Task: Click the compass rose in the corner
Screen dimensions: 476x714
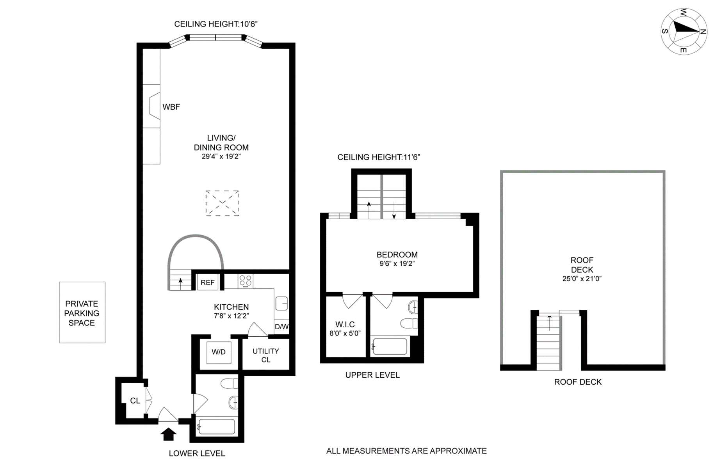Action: pyautogui.click(x=684, y=31)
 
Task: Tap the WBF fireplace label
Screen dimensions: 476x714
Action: pyautogui.click(x=171, y=107)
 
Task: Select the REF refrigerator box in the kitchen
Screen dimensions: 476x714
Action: pyautogui.click(x=207, y=282)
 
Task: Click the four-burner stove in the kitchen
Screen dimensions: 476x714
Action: pyautogui.click(x=246, y=281)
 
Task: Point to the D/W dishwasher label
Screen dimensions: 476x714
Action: pyautogui.click(x=281, y=327)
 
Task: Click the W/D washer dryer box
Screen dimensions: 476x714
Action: pyautogui.click(x=219, y=352)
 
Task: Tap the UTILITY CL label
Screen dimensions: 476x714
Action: pyautogui.click(x=265, y=355)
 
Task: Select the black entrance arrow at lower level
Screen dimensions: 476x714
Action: pyautogui.click(x=168, y=434)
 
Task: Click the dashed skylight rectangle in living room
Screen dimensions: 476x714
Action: pyautogui.click(x=222, y=203)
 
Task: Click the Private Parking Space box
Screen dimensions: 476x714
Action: pyautogui.click(x=82, y=313)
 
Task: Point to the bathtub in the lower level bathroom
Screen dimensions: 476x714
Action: pyautogui.click(x=217, y=427)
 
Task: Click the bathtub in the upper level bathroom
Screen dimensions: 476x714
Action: pyautogui.click(x=390, y=346)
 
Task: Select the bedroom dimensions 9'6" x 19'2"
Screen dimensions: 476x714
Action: pyautogui.click(x=397, y=264)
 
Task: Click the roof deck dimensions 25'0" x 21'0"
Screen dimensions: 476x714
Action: pyautogui.click(x=582, y=279)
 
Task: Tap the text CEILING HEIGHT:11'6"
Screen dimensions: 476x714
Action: pyautogui.click(x=378, y=157)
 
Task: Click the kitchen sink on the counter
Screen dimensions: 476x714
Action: pyautogui.click(x=281, y=303)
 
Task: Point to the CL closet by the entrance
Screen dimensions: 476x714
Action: pyautogui.click(x=135, y=401)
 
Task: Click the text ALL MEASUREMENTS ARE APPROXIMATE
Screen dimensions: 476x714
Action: pyautogui.click(x=406, y=451)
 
